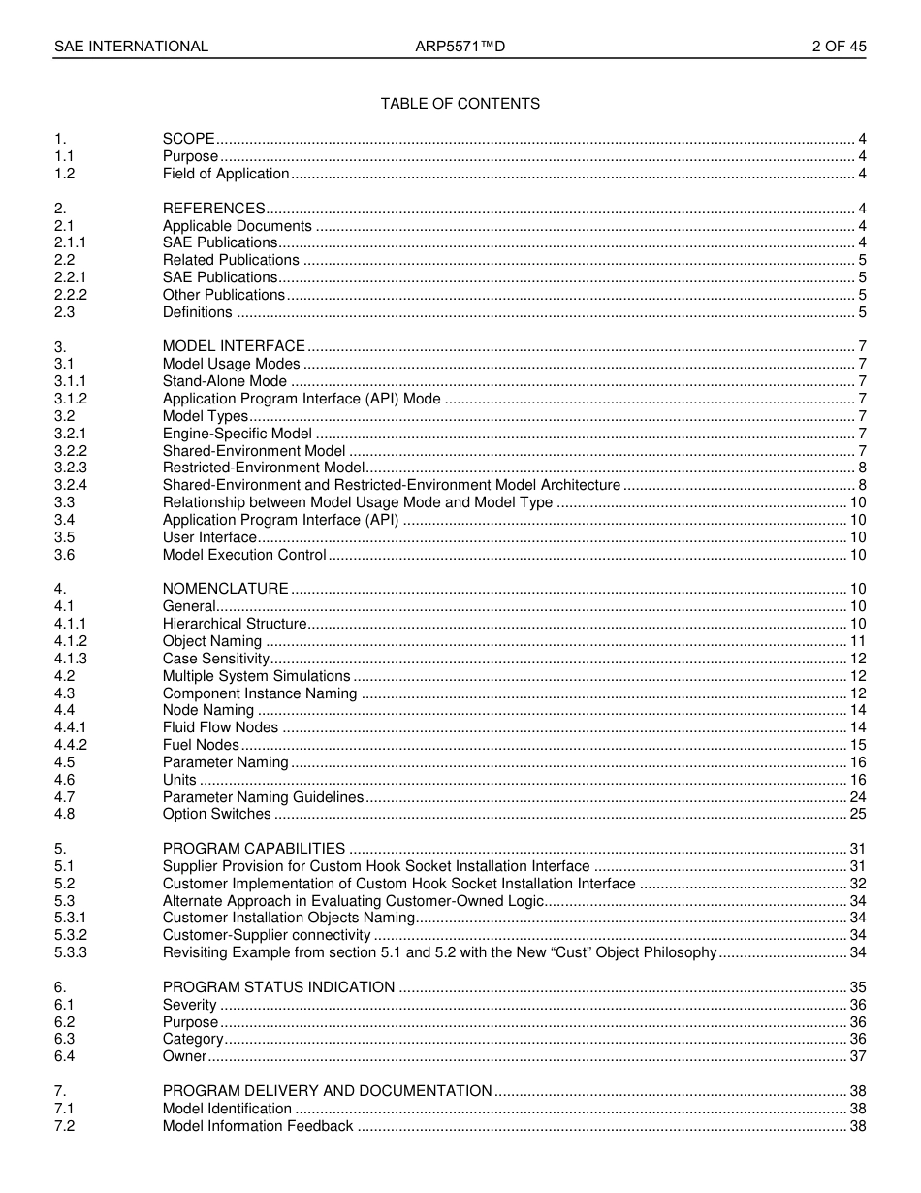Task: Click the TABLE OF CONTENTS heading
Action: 460,104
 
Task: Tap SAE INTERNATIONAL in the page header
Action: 131,47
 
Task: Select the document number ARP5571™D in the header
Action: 460,47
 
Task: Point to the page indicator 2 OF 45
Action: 839,47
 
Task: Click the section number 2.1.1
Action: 70,242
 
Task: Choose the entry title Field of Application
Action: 226,174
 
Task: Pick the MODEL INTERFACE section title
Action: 234,346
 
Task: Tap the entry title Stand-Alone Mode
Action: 224,381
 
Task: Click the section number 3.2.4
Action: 71,485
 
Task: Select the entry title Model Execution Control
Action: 244,555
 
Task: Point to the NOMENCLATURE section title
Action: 225,589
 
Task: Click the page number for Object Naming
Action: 858,641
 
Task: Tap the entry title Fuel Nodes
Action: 201,745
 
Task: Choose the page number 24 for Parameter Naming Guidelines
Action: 858,797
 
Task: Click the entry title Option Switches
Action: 216,814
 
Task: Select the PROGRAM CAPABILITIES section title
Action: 254,849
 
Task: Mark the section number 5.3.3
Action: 71,952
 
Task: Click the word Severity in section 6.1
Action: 189,1005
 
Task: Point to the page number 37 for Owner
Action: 858,1056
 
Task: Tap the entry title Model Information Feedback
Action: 258,1126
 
